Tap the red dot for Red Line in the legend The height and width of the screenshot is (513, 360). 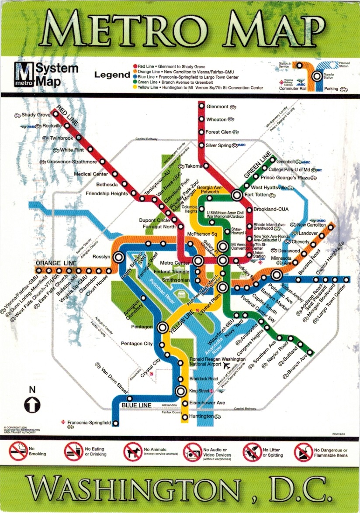tap(135, 66)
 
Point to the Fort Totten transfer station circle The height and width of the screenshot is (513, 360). tap(237, 196)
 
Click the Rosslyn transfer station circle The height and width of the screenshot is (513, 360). tap(118, 258)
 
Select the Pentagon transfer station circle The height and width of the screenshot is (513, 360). tap(163, 327)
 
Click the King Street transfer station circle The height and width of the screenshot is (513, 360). tap(180, 392)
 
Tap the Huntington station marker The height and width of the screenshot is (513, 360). tap(185, 417)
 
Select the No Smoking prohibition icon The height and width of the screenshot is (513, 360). tap(17, 451)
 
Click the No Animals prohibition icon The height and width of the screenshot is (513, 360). tap(132, 451)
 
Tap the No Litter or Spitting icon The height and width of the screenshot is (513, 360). tap(252, 451)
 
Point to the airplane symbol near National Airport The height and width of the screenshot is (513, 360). tap(226, 365)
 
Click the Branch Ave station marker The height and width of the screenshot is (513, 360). tap(311, 353)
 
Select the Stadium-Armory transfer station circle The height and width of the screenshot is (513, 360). tap(276, 275)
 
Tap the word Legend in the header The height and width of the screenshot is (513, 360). tap(112, 75)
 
